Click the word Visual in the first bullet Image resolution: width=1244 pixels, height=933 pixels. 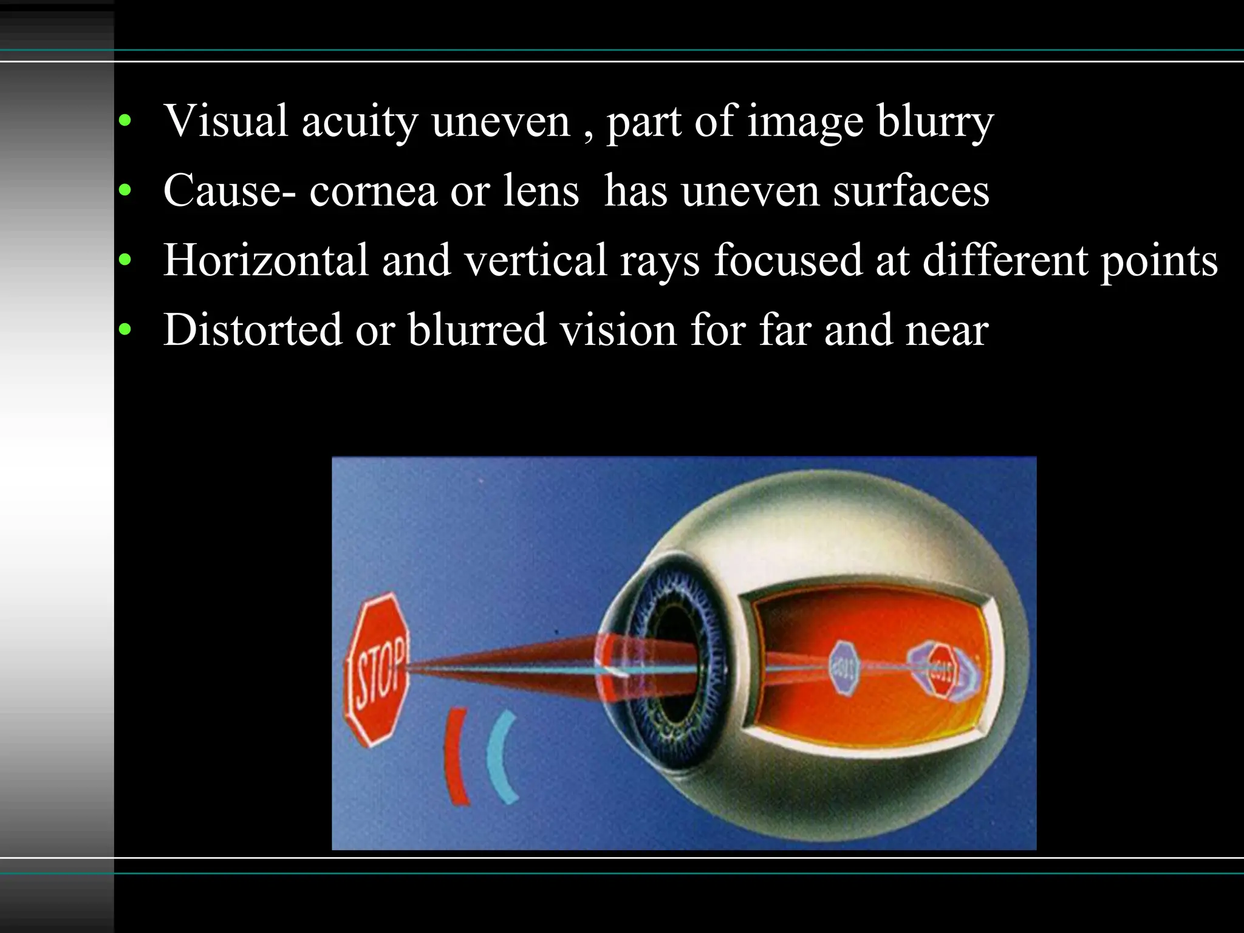point(225,120)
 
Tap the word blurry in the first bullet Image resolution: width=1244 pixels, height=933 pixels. point(935,121)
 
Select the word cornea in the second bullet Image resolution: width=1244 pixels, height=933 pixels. point(373,190)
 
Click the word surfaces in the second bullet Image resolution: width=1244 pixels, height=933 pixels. point(911,190)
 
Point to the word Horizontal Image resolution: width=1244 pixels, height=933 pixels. point(266,260)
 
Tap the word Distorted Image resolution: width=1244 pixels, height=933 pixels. point(253,330)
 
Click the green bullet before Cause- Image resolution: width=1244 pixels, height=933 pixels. point(125,191)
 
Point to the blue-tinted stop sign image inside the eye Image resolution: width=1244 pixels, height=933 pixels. point(844,668)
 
